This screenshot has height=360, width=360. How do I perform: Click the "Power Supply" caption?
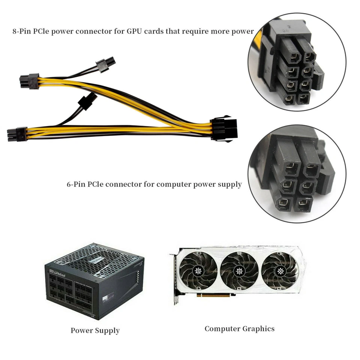[95, 330]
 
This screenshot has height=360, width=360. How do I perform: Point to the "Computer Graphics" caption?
[239, 329]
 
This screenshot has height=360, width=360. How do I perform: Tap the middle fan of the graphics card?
[238, 271]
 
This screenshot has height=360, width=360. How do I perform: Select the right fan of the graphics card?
[280, 271]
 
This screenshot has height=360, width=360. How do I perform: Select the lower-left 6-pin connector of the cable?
[17, 134]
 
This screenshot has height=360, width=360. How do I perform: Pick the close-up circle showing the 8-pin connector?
[296, 62]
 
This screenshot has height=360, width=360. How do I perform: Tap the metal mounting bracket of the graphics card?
[175, 279]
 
